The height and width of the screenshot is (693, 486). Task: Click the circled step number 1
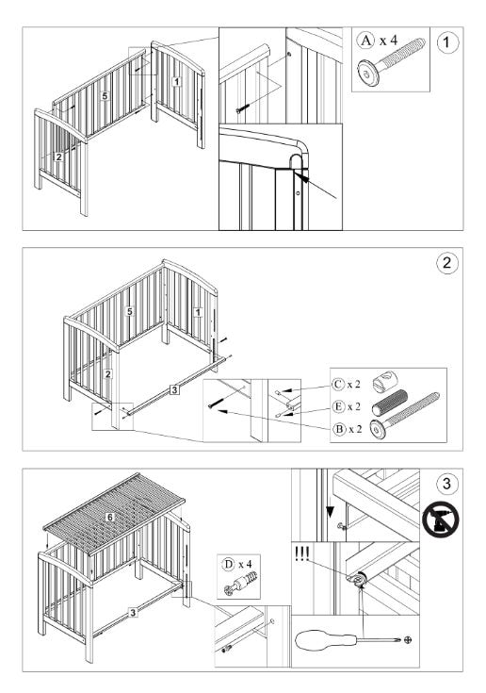pos(447,42)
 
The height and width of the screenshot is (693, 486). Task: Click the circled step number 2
pos(447,262)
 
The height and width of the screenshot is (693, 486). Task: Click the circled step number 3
pos(446,483)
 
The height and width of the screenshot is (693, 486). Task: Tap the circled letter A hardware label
pos(365,41)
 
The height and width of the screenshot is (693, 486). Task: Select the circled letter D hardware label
pos(229,564)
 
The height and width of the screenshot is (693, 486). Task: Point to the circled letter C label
pos(338,385)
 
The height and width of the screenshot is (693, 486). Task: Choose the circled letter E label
pos(338,406)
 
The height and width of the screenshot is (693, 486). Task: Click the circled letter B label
pos(339,429)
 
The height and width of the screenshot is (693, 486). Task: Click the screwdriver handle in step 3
pos(325,640)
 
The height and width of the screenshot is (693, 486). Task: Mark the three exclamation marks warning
pos(302,553)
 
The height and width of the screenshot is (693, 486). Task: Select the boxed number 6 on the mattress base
pos(110,517)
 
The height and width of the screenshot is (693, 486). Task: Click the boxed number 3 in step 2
pos(175,389)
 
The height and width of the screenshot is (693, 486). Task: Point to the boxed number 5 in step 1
pos(105,95)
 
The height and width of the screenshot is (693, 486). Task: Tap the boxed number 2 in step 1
pos(58,157)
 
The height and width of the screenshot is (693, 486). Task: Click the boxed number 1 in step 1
pos(176,81)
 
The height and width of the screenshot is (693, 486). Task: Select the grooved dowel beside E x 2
pos(389,403)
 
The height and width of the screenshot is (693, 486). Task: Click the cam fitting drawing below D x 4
pos(240,584)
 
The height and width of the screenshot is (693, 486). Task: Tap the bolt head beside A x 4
pos(368,73)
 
